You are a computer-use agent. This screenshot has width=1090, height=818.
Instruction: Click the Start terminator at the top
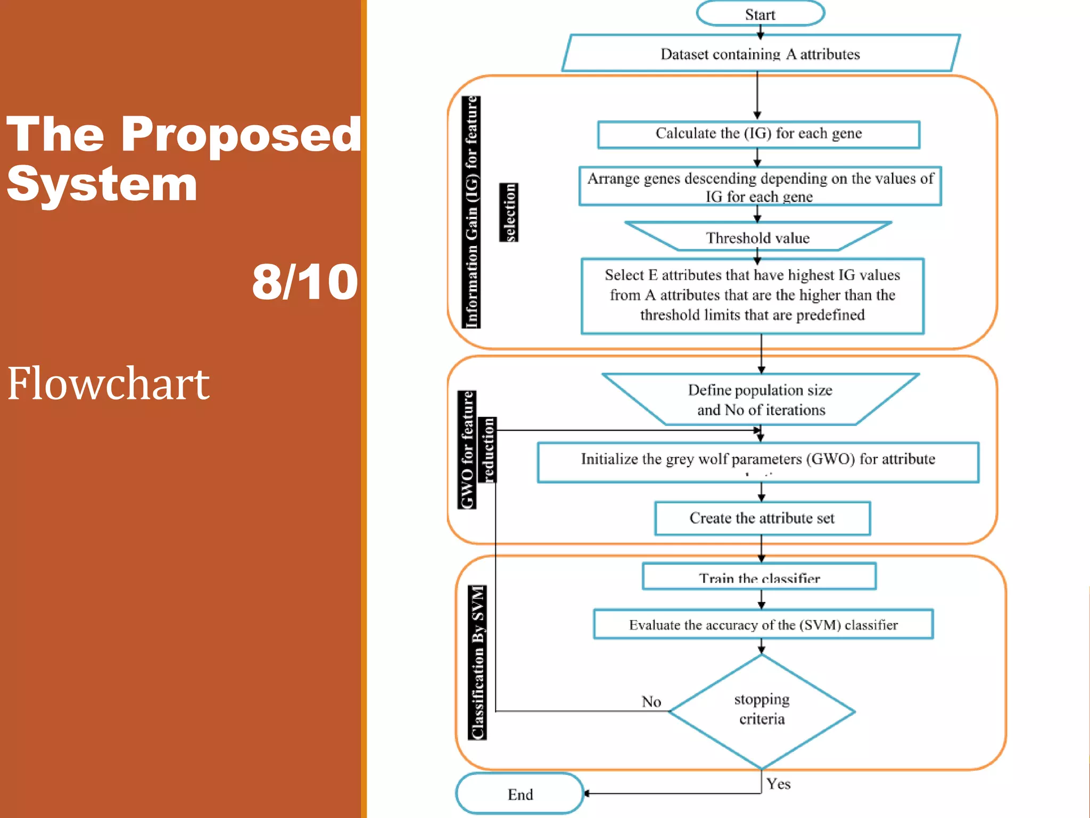pos(760,14)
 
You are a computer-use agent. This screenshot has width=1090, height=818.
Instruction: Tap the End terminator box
pos(519,794)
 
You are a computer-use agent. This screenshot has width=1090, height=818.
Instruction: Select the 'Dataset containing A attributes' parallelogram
pos(760,54)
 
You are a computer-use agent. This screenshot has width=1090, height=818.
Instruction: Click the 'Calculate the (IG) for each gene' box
pos(758,134)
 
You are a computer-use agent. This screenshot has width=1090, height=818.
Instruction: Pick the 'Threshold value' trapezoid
pos(758,238)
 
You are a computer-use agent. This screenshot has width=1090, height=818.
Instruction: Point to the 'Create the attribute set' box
pos(762,518)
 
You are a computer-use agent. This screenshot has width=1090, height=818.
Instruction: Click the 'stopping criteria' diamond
pos(762,710)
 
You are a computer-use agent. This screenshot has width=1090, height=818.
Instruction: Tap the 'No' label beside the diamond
pos(651,701)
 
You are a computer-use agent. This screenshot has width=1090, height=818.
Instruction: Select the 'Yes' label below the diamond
pos(778,784)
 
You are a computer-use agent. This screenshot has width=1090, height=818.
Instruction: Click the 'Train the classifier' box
pos(759,577)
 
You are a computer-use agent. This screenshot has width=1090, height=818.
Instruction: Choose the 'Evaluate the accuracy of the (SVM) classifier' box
pos(763,624)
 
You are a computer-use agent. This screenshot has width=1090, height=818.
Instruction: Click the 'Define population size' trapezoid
pos(760,400)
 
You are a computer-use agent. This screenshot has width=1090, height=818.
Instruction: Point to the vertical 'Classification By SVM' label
pos(477,662)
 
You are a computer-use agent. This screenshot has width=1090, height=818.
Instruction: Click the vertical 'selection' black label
pos(509,212)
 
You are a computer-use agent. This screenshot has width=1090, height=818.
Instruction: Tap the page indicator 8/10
pos(304,282)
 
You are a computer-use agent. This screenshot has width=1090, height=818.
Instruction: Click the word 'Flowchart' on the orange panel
pos(108,383)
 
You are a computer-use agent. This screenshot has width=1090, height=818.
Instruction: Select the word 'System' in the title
pos(102,184)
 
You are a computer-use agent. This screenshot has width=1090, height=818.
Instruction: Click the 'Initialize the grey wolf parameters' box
pos(758,461)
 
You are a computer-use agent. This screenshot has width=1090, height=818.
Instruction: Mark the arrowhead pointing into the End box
pos(587,794)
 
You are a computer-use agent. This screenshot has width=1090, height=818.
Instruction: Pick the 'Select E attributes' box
pos(753,296)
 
